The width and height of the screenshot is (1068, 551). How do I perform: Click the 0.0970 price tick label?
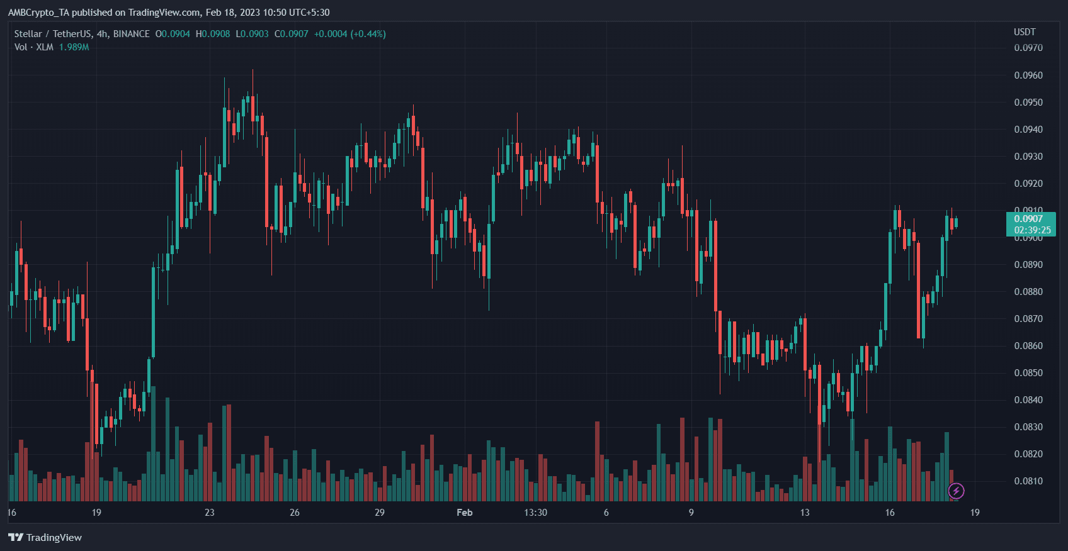[1028, 48]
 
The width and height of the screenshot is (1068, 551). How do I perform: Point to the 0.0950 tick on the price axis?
[1028, 103]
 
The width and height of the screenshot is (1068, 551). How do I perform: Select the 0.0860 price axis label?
[1028, 346]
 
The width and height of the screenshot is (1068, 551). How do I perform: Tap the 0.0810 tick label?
[1028, 481]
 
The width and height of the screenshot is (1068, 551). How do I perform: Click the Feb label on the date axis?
[464, 513]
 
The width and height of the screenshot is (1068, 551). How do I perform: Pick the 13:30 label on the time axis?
[535, 513]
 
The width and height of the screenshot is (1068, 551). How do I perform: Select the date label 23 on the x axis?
[209, 513]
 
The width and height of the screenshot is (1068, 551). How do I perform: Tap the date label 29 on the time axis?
[379, 513]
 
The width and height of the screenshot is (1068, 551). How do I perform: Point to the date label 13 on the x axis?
[804, 513]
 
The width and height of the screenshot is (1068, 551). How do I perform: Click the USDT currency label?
[1025, 32]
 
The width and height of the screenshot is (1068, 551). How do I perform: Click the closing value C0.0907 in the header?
[291, 34]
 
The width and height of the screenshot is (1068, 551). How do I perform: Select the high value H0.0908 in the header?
[213, 34]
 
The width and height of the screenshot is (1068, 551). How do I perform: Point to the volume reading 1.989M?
[74, 47]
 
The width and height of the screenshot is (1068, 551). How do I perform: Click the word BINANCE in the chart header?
[131, 34]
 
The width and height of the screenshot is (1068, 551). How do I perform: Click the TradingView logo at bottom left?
[45, 537]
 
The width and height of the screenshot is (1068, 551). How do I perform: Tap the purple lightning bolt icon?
[956, 491]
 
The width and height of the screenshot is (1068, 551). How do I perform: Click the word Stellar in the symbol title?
[28, 34]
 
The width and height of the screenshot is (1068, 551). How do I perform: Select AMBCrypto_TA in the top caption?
[38, 13]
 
